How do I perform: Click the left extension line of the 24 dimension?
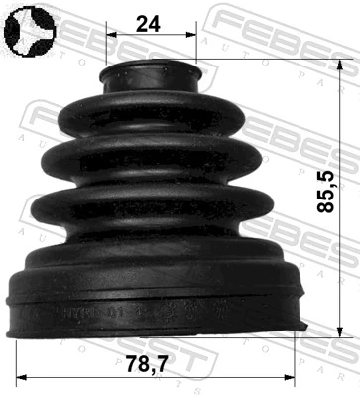pos(103,50)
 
